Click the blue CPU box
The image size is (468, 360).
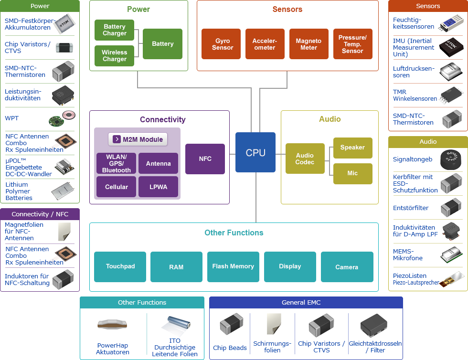click(x=255, y=152)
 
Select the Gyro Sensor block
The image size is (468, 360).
click(x=223, y=44)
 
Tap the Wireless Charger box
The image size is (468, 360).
click(x=115, y=56)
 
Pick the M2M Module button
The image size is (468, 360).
click(x=138, y=139)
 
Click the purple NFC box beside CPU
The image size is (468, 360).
click(x=205, y=159)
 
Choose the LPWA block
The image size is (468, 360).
click(x=158, y=187)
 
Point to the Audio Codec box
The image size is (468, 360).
click(x=305, y=159)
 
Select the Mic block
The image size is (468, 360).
click(x=352, y=173)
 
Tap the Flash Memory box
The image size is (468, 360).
click(x=233, y=266)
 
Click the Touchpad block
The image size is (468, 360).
click(x=120, y=266)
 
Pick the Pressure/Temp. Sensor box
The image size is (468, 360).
click(x=352, y=44)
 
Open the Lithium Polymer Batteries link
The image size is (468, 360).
click(x=19, y=191)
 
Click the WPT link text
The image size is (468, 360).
click(x=11, y=118)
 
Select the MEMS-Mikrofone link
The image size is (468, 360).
click(x=407, y=254)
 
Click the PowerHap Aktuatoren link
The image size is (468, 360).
click(x=112, y=349)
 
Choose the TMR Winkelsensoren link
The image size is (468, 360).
click(x=415, y=95)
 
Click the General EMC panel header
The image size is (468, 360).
click(x=306, y=302)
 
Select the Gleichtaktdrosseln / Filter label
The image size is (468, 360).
click(x=375, y=347)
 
